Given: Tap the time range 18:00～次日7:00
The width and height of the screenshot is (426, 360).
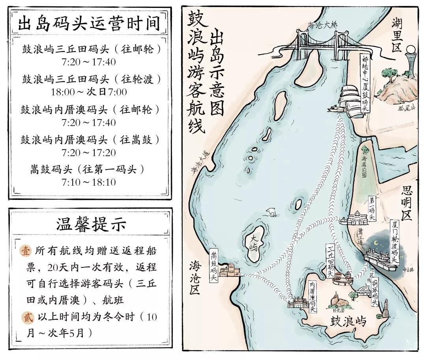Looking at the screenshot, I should (89, 92).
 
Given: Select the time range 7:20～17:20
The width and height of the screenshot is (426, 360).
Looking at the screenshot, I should (89, 153).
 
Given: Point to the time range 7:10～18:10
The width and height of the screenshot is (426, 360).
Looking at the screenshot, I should (89, 183).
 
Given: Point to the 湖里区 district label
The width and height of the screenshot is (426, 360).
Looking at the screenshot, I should (396, 35).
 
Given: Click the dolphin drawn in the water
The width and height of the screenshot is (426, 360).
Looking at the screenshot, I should (272, 212).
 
